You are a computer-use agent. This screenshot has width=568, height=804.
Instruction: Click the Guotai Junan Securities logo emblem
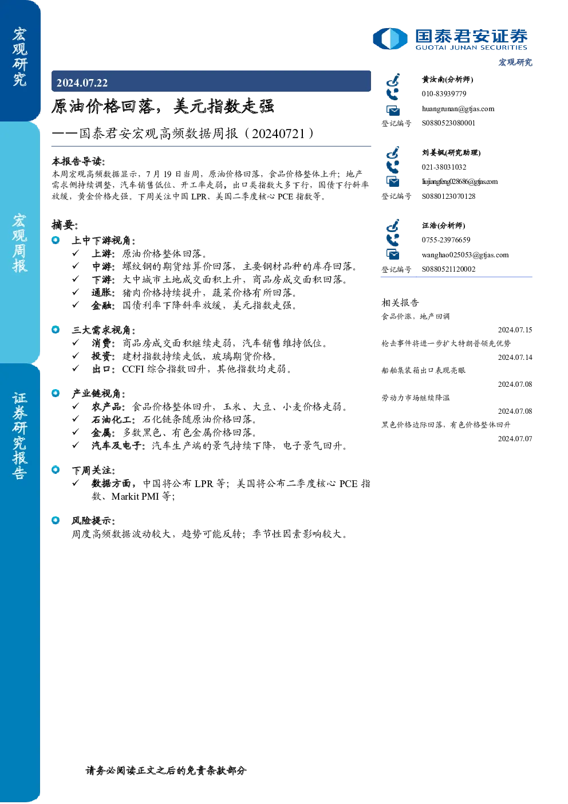pyautogui.click(x=390, y=38)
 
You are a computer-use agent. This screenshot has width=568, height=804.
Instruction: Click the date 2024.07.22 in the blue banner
pyautogui.click(x=82, y=83)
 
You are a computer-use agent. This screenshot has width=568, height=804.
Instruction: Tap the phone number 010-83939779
pyautogui.click(x=444, y=93)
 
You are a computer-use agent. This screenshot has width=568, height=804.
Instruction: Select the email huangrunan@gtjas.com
pyautogui.click(x=458, y=109)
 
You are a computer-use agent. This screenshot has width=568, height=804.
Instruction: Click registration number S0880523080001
pyautogui.click(x=448, y=123)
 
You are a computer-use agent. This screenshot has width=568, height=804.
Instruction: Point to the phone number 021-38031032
pyautogui.click(x=444, y=167)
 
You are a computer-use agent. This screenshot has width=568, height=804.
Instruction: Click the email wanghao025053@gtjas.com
pyautogui.click(x=465, y=255)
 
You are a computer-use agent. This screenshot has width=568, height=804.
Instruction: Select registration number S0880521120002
pyautogui.click(x=448, y=269)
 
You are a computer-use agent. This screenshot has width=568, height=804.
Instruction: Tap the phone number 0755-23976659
pyautogui.click(x=445, y=240)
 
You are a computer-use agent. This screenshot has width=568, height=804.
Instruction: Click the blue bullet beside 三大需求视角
pyautogui.click(x=56, y=330)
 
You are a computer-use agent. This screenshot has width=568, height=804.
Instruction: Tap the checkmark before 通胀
pyautogui.click(x=76, y=292)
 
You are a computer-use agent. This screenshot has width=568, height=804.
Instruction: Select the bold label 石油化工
pyautogui.click(x=113, y=419)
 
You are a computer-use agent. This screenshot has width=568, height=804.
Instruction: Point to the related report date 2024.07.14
pyautogui.click(x=515, y=357)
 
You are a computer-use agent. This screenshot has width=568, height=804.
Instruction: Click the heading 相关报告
pyautogui.click(x=400, y=303)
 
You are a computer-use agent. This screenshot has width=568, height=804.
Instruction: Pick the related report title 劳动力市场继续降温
pyautogui.click(x=416, y=398)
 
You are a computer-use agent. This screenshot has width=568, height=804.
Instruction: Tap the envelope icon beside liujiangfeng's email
pyautogui.click(x=393, y=182)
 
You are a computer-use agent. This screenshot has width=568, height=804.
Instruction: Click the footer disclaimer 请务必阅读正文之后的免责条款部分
pyautogui.click(x=166, y=771)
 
